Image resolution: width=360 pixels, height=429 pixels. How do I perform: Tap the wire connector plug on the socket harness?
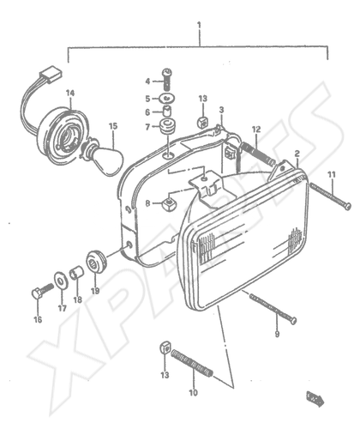[x=51, y=75]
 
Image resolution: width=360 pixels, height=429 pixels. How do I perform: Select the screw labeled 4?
[x=167, y=78]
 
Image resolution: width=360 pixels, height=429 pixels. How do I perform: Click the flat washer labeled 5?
[x=167, y=99]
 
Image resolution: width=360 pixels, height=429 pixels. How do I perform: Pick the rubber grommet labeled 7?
[x=168, y=126]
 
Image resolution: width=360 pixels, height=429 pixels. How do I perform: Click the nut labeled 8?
[x=170, y=204]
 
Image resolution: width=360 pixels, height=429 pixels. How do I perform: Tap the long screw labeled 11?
[x=331, y=196]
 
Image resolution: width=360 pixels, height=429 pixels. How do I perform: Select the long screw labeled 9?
[x=273, y=309]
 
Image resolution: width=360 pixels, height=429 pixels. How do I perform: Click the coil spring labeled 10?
[x=192, y=363]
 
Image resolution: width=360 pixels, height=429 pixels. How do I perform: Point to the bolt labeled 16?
[x=42, y=290]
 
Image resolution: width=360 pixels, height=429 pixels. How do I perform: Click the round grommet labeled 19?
[x=96, y=262]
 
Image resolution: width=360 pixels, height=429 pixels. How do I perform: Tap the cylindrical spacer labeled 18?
[x=76, y=272]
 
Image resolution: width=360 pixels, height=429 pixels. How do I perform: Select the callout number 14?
[x=70, y=93]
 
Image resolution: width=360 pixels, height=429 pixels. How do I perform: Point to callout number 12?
[x=256, y=130]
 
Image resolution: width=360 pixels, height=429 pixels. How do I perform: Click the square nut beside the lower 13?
[x=165, y=347]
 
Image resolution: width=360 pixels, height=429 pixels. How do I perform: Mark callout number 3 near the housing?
[x=221, y=110]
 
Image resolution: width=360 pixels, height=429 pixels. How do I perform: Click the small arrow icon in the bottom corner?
[x=315, y=398]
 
